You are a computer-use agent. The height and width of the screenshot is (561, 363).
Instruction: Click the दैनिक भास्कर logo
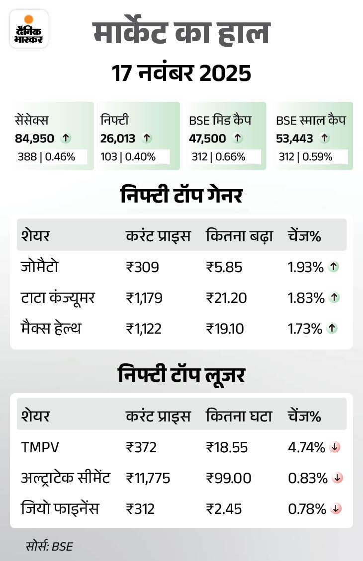pos(28,29)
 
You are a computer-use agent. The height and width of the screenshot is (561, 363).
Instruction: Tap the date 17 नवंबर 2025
pos(181,73)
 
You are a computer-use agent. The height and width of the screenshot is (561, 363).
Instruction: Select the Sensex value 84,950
pos(35,139)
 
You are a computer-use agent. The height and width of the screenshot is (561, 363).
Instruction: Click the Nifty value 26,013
pos(118,139)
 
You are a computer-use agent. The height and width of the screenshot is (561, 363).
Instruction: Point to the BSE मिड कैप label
pos(220,121)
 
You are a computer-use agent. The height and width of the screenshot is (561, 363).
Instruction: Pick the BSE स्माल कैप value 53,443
pos(294,139)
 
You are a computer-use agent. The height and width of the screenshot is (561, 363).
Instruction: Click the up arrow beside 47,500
pos(238,139)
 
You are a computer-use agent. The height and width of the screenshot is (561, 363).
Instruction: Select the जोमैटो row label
pos(40,267)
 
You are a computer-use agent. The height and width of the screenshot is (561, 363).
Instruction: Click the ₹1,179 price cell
pos(144,298)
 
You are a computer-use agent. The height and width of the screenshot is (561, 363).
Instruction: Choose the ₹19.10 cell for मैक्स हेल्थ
pos(225,328)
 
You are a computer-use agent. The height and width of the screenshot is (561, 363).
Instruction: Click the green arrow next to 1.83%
pos(334,298)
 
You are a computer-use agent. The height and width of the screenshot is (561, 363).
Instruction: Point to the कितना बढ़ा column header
pos(239,236)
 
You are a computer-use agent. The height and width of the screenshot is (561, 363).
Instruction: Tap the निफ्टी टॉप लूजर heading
pos(181,375)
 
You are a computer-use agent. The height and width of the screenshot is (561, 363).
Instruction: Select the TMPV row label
pos(40,447)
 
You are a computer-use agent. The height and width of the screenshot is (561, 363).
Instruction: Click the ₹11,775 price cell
pos(148,478)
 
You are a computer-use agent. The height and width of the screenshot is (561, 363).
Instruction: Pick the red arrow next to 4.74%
pos(335,447)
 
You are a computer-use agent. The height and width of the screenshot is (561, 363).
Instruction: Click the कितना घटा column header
pos(239,416)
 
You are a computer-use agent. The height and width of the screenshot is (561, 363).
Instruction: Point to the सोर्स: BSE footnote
pos(49,547)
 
